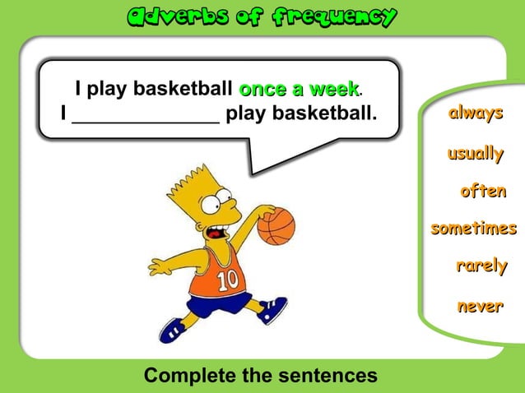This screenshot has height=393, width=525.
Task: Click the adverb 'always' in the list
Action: point(475,113)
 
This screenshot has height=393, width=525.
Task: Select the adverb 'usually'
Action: point(475,153)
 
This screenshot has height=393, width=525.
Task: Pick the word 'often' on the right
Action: point(482,192)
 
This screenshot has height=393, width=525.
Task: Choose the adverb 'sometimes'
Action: point(473,229)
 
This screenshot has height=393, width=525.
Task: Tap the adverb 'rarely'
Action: point(481,266)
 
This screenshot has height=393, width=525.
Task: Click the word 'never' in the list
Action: point(480,307)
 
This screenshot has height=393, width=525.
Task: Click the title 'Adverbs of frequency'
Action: point(262,16)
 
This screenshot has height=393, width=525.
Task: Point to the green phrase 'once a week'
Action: point(299,88)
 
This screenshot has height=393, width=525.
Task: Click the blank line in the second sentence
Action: point(146,113)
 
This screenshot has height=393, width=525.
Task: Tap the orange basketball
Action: point(276,224)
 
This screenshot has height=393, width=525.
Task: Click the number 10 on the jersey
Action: point(227,280)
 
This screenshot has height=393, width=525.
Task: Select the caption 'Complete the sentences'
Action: point(260,376)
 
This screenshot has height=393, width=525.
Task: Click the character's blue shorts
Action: point(218,304)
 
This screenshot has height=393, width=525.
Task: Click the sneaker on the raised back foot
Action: point(272,309)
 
